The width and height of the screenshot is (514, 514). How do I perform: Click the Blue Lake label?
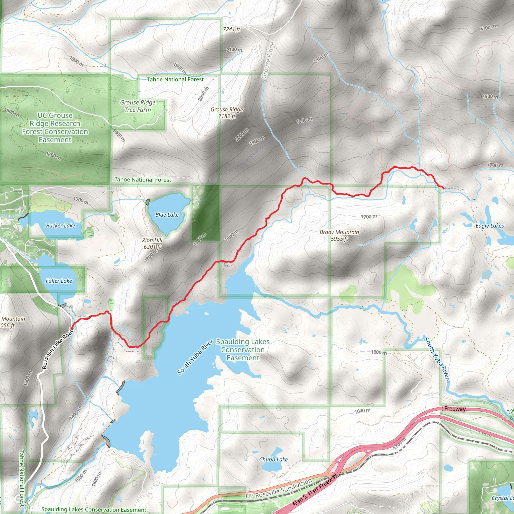(167, 215)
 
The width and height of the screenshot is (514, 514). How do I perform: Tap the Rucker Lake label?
(60, 226)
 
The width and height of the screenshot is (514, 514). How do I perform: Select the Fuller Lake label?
(59, 281)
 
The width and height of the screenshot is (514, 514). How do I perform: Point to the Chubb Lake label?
(273, 460)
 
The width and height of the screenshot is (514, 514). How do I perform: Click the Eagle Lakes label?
(489, 226)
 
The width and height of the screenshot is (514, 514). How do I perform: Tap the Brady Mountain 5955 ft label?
(339, 235)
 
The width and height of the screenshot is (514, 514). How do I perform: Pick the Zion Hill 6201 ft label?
(152, 243)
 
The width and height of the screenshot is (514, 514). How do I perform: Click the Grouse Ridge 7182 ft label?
(227, 113)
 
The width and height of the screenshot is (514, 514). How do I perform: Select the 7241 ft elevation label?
(231, 29)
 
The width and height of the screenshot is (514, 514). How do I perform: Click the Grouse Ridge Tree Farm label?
(138, 106)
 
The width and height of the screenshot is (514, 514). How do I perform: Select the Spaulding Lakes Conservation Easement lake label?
(243, 350)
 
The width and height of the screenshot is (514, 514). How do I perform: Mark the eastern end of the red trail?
(443, 189)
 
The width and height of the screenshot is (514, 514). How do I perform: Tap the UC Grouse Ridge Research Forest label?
(55, 127)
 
